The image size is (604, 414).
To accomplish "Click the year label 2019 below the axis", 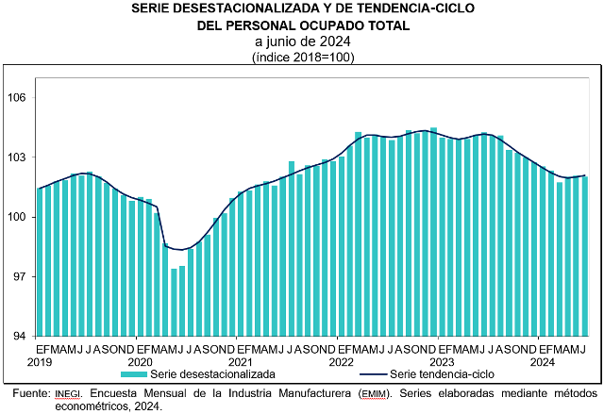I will (x=40, y=362).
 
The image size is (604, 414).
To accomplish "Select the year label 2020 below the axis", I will (x=140, y=362).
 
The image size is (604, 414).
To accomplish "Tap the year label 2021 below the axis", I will (x=240, y=362).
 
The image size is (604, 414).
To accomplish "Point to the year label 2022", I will (x=341, y=362).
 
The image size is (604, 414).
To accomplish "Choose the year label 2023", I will (x=442, y=362).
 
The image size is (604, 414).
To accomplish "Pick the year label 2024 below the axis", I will (x=542, y=362).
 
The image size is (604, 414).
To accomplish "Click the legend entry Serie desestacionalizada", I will (x=217, y=374).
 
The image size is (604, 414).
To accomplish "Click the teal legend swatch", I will (x=135, y=374).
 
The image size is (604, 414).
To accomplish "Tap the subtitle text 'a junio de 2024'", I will (x=302, y=41).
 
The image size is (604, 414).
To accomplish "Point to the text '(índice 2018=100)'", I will (x=302, y=58).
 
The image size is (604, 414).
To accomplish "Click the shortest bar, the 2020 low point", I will (x=174, y=302).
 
